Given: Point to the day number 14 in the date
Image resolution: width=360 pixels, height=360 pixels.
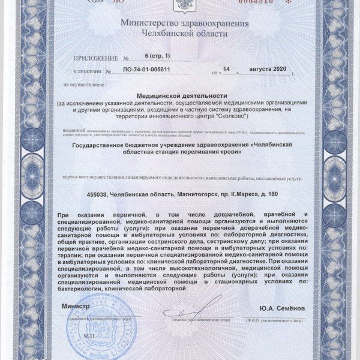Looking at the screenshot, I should [x=226, y=69].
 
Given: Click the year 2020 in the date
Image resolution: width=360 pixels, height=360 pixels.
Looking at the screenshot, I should [x=280, y=70].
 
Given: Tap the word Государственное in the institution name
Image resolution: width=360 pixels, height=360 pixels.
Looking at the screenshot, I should [x=104, y=145].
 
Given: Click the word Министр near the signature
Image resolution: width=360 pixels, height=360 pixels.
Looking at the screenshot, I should [x=76, y=307].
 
